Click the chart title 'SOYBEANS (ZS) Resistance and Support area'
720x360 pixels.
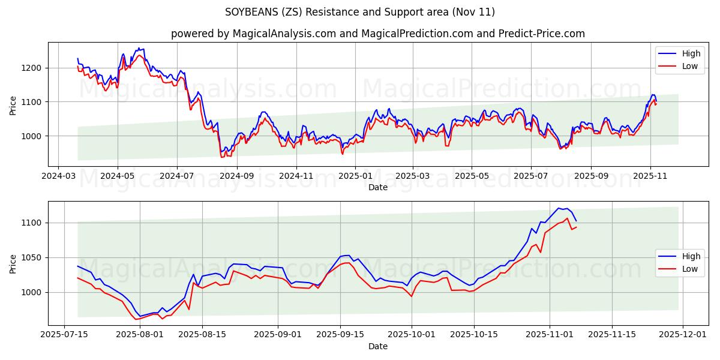[x=360, y=12]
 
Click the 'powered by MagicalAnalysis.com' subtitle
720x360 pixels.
[x=378, y=34]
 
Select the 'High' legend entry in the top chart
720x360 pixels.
[x=677, y=54]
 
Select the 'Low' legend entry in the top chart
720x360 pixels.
[x=677, y=66]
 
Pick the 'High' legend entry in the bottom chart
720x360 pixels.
[x=677, y=256]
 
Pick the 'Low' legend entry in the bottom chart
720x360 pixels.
[x=677, y=268]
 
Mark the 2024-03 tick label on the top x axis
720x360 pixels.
[x=58, y=176]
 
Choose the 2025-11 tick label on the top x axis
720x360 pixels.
[x=650, y=176]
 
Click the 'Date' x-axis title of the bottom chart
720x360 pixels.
[x=378, y=346]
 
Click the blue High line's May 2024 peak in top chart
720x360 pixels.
[x=139, y=48]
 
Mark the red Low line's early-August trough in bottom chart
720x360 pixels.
[x=136, y=319]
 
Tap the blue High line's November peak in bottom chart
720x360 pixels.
[x=559, y=208]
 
